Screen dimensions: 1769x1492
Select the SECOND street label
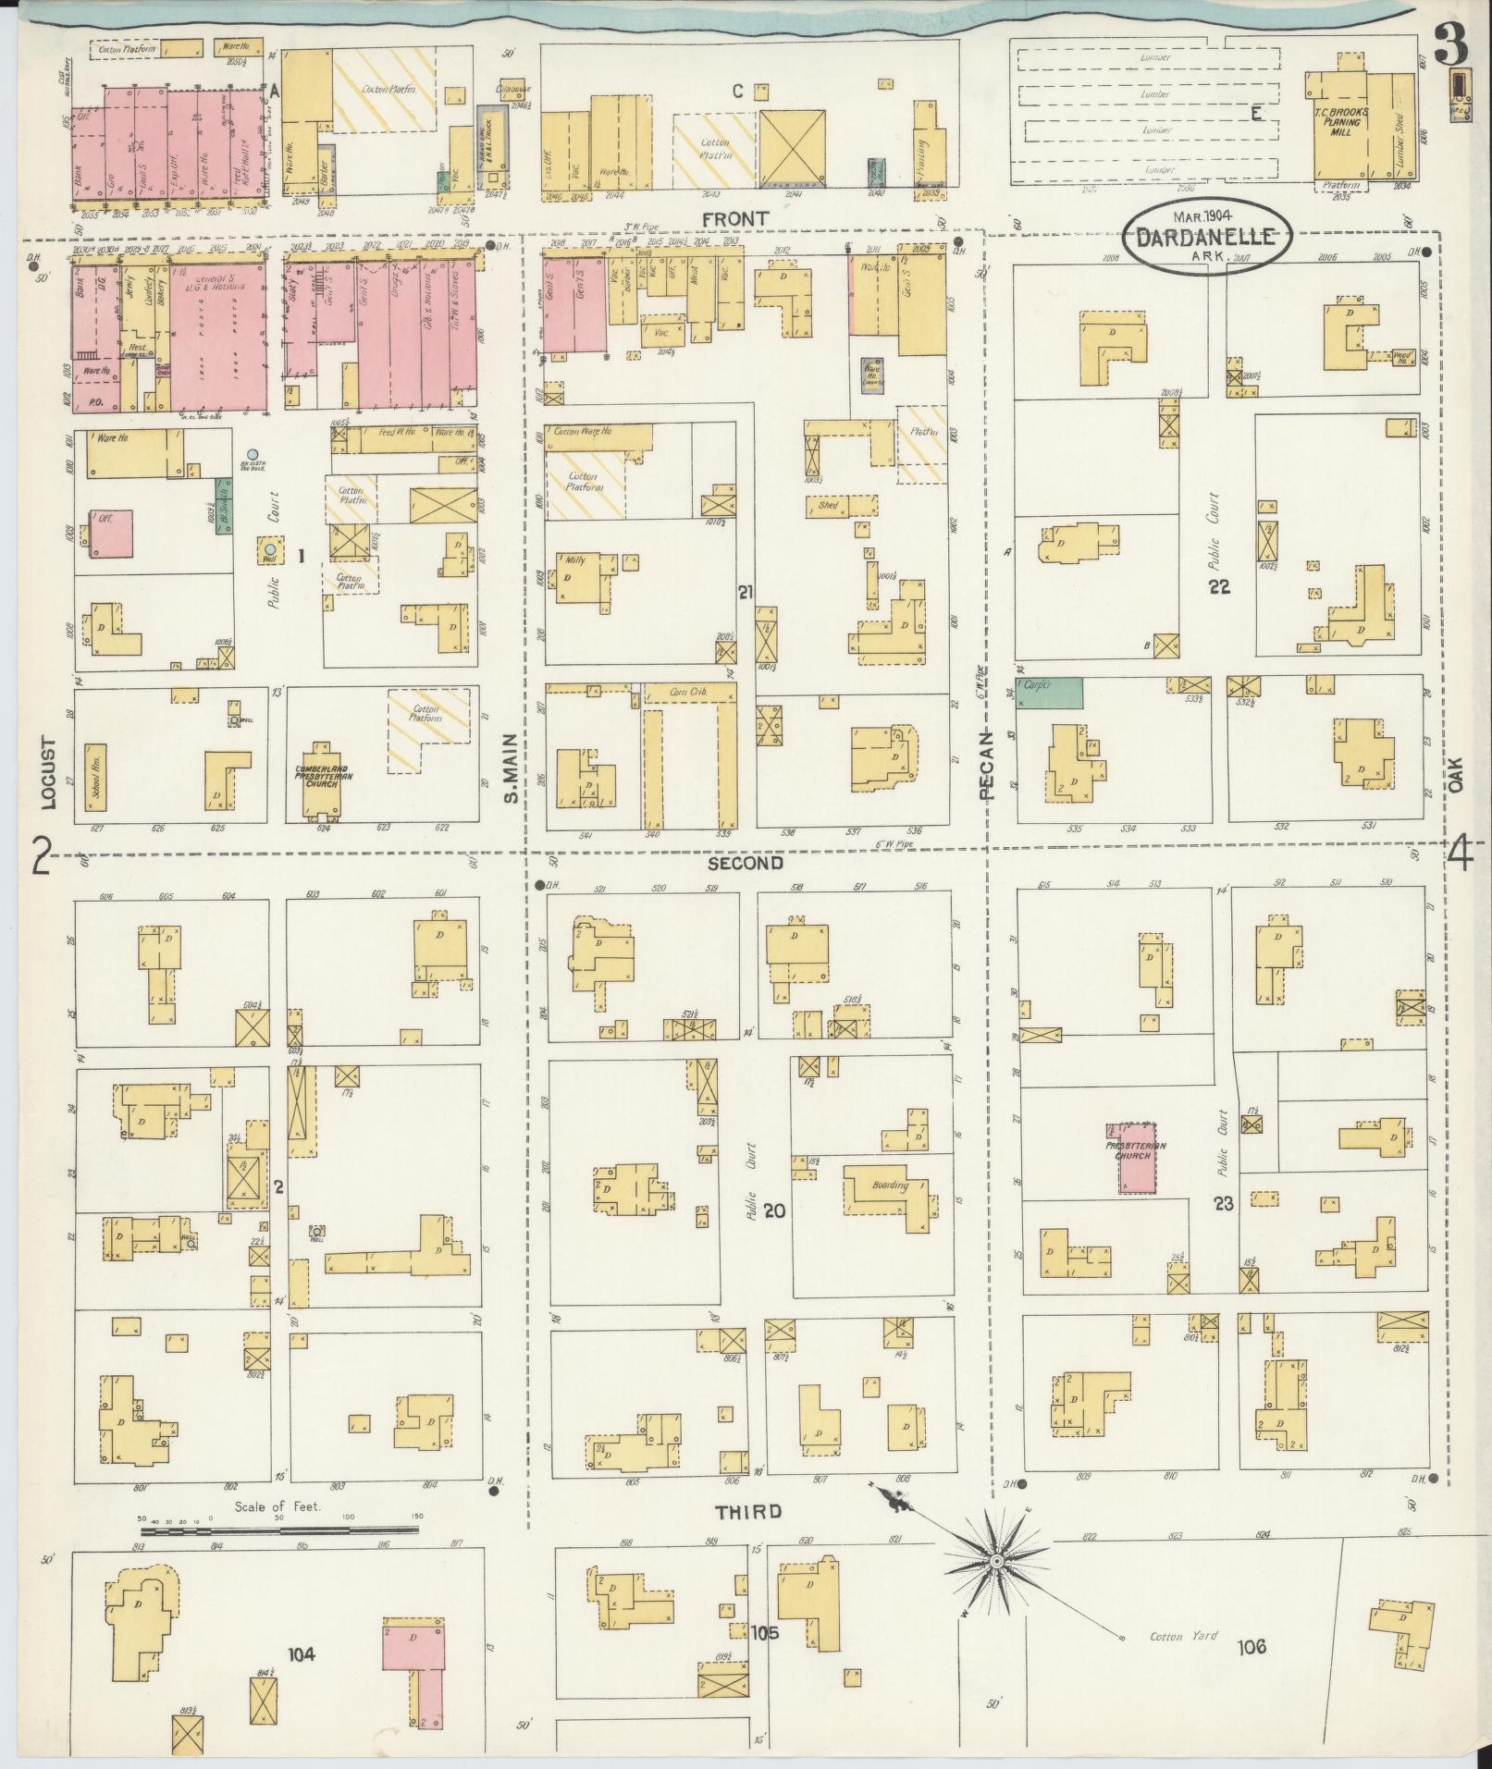(x=746, y=863)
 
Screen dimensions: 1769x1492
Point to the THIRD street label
(x=748, y=1512)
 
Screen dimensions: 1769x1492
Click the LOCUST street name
(x=49, y=773)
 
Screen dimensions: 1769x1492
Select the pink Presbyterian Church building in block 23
(x=1136, y=1158)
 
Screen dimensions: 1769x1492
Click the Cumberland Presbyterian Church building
(x=320, y=780)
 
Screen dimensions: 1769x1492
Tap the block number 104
(x=302, y=1654)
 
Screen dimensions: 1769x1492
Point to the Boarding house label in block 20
(x=890, y=1185)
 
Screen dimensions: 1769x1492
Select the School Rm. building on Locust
(x=96, y=777)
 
